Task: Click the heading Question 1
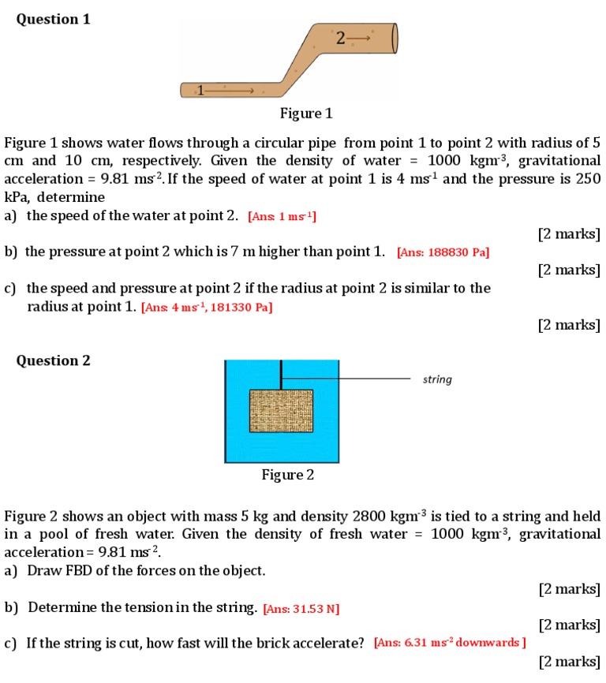pyautogui.click(x=53, y=19)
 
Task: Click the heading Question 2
pyautogui.click(x=53, y=360)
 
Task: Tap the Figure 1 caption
pyautogui.click(x=306, y=114)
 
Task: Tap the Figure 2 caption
pyautogui.click(x=288, y=475)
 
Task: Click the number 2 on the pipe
pyautogui.click(x=339, y=37)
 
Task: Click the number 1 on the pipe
pyautogui.click(x=200, y=90)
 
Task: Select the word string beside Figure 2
pyautogui.click(x=437, y=379)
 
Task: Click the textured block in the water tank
pyautogui.click(x=281, y=410)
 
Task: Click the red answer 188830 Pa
pyautogui.click(x=443, y=252)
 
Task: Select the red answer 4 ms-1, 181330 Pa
pyautogui.click(x=207, y=308)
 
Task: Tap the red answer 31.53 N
pyautogui.click(x=301, y=609)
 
